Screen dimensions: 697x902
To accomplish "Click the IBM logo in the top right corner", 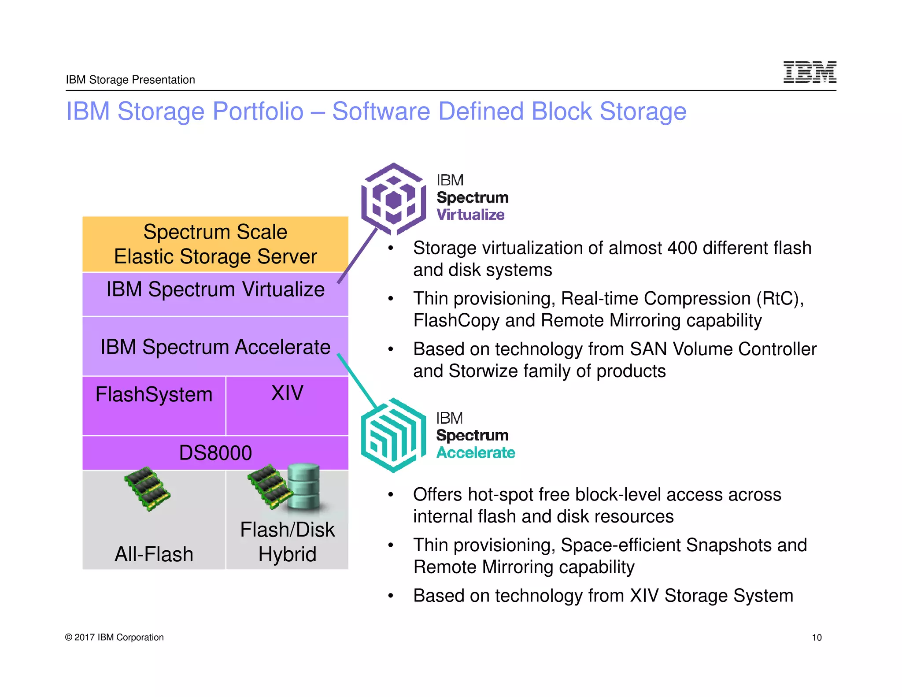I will tap(810, 72).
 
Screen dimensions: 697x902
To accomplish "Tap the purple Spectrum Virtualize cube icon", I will tap(393, 199).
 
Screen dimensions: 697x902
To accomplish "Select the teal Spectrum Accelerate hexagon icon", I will tap(393, 436).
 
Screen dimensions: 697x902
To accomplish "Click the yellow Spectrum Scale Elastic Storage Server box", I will tap(215, 244).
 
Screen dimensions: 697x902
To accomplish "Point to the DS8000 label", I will tap(215, 453).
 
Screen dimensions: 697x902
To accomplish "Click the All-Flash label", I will tap(154, 554).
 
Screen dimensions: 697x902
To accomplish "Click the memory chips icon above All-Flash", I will tap(147, 489).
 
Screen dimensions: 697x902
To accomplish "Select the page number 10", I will tap(817, 638).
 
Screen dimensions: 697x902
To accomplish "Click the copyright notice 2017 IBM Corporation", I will tap(115, 638).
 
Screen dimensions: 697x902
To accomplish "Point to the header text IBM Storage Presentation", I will tap(130, 80).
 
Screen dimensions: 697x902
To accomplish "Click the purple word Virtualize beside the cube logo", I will tap(470, 215).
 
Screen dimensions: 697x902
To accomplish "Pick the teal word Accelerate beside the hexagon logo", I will tap(476, 453).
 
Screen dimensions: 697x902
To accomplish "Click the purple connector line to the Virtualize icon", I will tap(358, 256).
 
